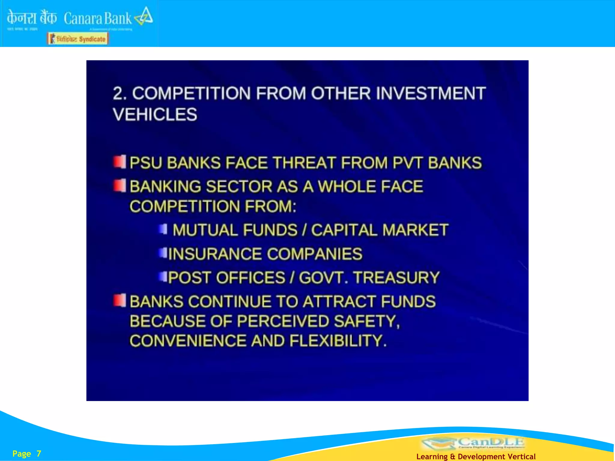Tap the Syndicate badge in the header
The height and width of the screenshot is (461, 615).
(x=78, y=39)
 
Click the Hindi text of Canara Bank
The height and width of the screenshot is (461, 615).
(x=32, y=18)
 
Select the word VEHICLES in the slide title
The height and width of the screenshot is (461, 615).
(x=155, y=114)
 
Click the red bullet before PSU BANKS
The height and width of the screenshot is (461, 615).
(x=120, y=162)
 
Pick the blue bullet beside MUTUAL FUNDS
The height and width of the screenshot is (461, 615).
(x=163, y=229)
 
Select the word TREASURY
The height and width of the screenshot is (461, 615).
(x=396, y=277)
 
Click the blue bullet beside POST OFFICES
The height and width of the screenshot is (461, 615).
(x=163, y=276)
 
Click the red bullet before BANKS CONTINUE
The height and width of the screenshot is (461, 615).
(x=120, y=300)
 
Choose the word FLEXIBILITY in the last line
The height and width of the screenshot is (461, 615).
(x=338, y=341)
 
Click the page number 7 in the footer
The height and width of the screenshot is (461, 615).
(x=39, y=453)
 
